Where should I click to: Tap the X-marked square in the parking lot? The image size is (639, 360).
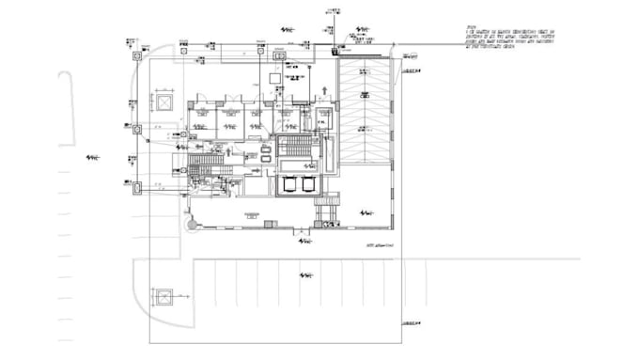(164, 299)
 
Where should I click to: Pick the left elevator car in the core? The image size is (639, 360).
(288, 183)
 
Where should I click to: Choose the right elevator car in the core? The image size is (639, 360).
(307, 183)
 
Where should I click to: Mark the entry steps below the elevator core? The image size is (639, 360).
(327, 211)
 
